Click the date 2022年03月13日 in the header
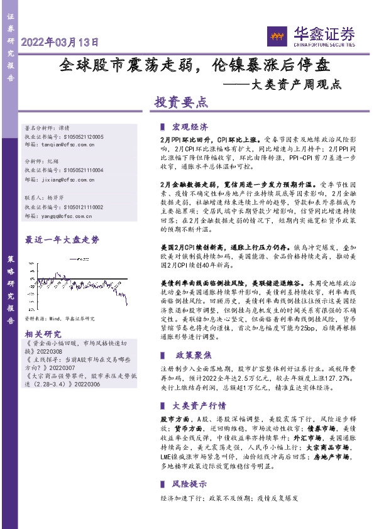click(60, 43)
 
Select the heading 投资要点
click(181, 102)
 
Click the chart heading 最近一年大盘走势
click(62, 239)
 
